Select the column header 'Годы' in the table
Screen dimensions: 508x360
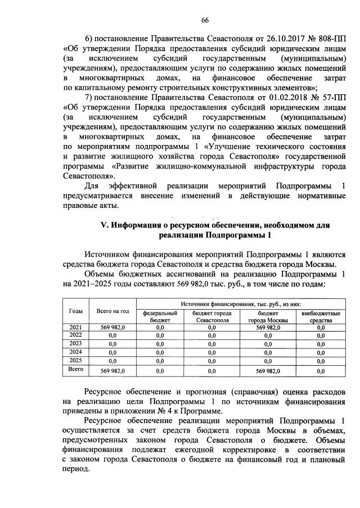click(76, 311)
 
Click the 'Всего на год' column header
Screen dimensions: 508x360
click(113, 311)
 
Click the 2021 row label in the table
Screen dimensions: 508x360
click(75, 326)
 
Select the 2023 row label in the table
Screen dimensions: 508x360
click(75, 343)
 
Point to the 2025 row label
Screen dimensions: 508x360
click(75, 360)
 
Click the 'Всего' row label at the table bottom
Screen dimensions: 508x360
click(75, 370)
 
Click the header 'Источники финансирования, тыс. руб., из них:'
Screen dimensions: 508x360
click(240, 302)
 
